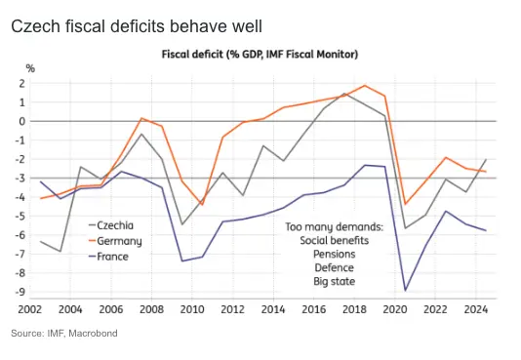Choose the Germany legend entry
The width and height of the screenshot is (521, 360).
(x=119, y=240)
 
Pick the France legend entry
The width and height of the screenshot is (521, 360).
(x=114, y=256)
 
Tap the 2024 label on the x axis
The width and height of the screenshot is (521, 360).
(x=475, y=309)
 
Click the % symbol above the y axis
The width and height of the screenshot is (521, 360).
(x=30, y=67)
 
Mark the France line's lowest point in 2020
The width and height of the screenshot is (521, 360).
(x=405, y=290)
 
